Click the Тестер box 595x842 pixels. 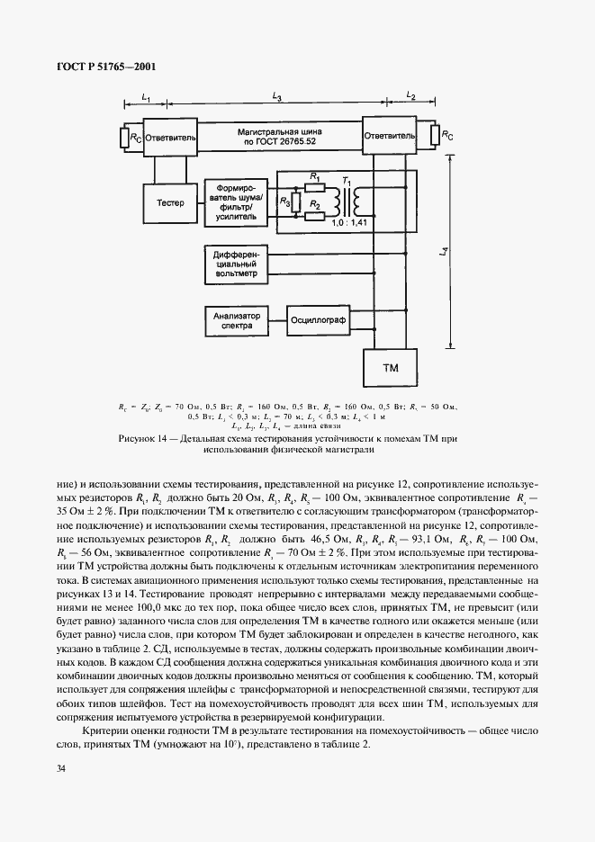tap(171, 202)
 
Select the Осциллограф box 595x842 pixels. tap(317, 318)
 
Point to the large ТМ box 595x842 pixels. tap(391, 369)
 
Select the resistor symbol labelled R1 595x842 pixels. tap(314, 189)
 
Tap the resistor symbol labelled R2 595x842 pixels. tap(314, 217)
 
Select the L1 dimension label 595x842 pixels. tap(147, 96)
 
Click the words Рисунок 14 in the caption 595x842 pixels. tap(145, 438)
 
